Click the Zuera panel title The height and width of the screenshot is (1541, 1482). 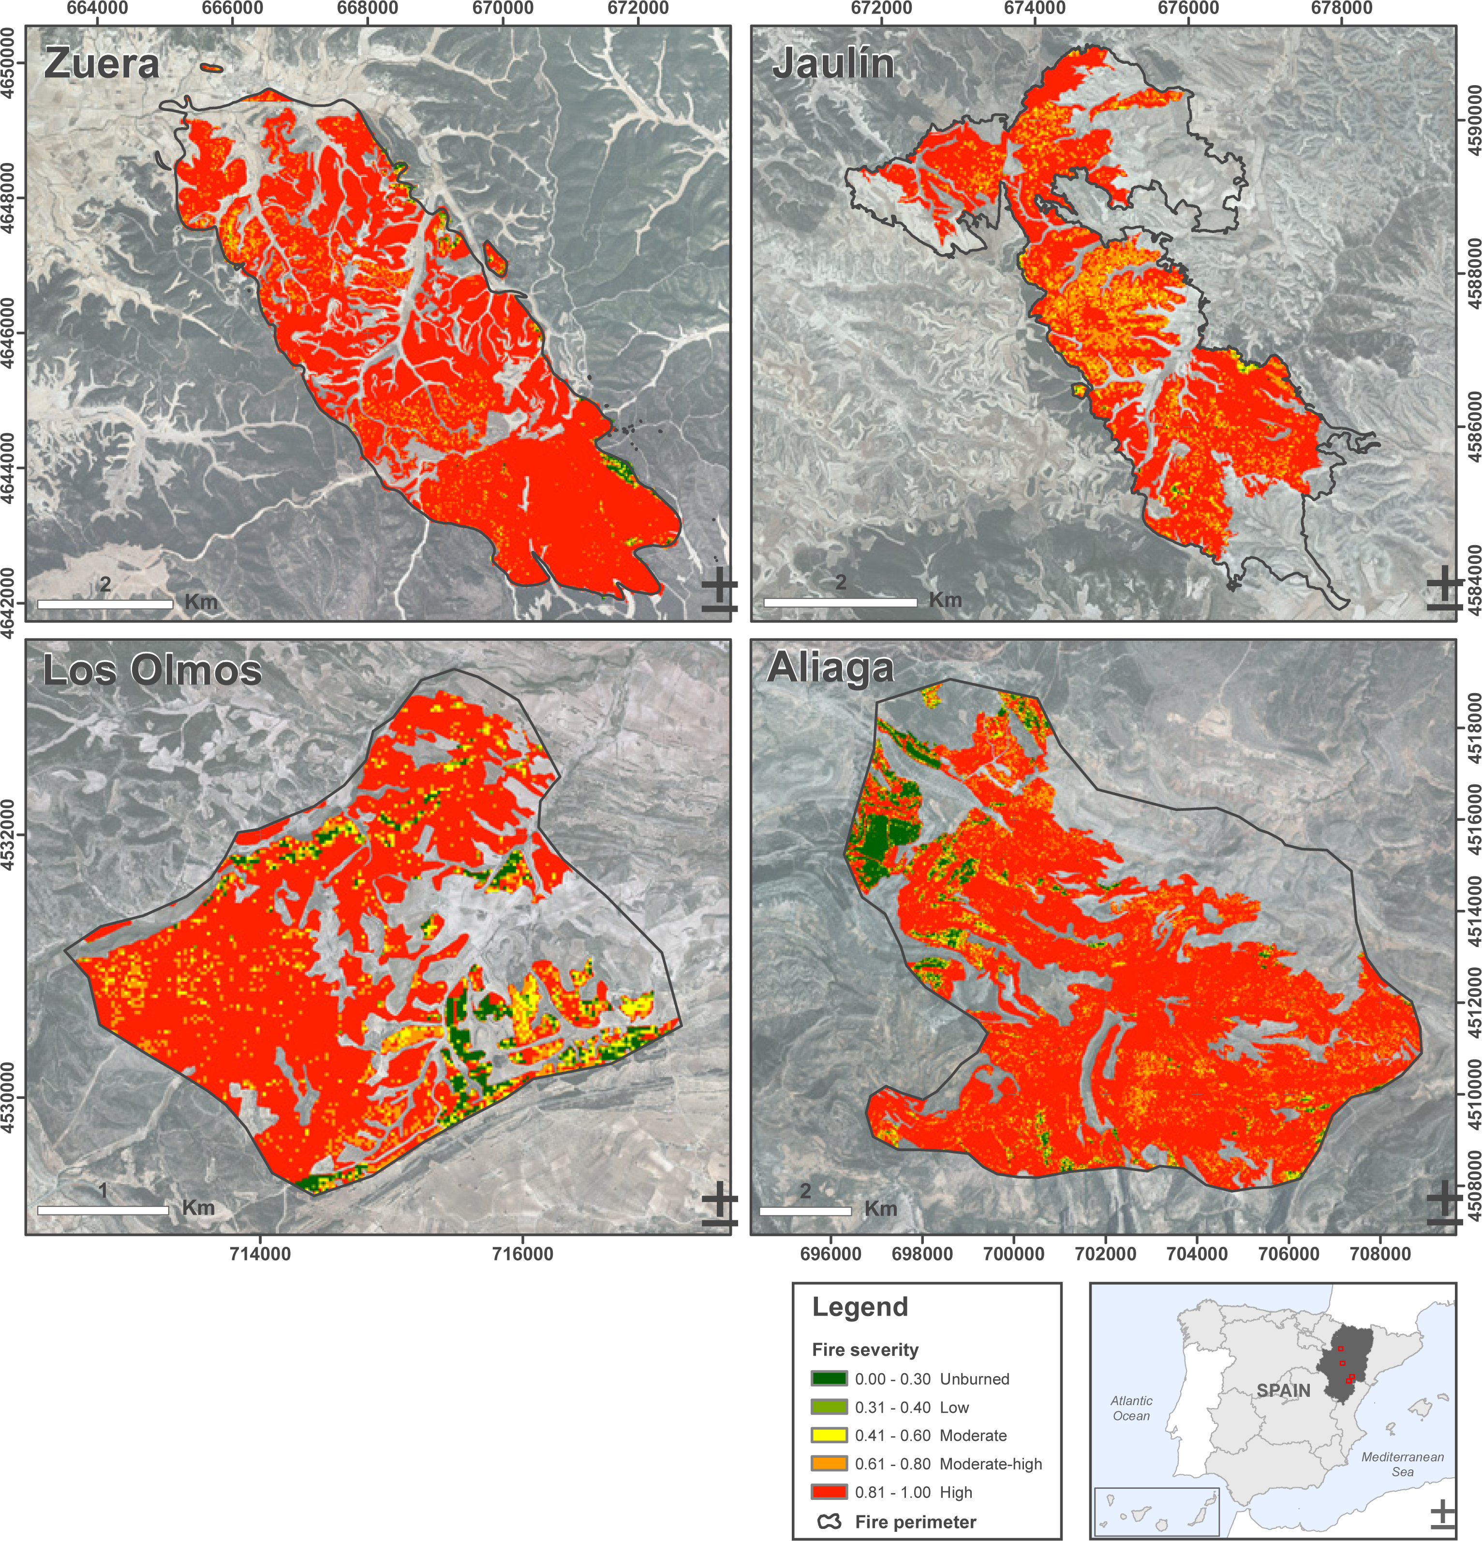click(x=102, y=64)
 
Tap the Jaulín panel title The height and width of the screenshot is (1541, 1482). click(x=833, y=64)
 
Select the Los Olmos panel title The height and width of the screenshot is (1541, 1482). click(x=152, y=671)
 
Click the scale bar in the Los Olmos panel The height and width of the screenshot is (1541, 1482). click(x=103, y=1210)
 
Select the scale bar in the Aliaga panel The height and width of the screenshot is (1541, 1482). click(x=805, y=1211)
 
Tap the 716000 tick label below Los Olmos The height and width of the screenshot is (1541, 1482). click(x=522, y=1253)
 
